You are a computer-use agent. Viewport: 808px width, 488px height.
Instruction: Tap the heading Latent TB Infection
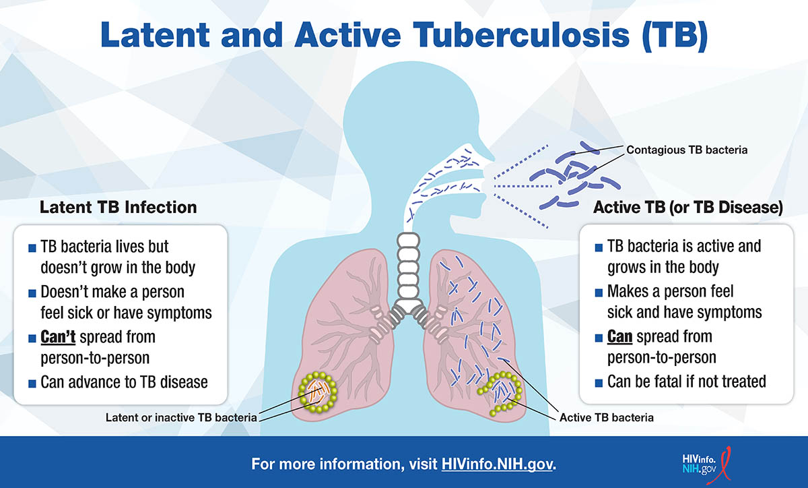[x=119, y=208]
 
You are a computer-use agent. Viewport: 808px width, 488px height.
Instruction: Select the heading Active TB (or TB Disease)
[x=688, y=208]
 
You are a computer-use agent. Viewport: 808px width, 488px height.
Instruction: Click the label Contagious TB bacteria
[x=687, y=150]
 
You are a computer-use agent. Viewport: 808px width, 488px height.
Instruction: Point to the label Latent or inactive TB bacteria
[x=181, y=417]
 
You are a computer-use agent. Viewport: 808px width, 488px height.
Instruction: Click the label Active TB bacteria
[x=607, y=417]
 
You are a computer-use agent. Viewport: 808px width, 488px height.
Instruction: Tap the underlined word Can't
[x=58, y=337]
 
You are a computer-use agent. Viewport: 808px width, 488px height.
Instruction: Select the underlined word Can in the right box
[x=619, y=336]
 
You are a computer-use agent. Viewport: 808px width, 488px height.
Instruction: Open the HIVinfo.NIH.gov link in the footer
[x=497, y=464]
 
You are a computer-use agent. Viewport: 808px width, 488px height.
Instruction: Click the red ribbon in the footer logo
[x=720, y=466]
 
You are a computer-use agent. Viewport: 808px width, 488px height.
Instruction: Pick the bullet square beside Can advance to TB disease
[x=32, y=384]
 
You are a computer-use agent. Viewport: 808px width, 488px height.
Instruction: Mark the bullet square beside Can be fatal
[x=599, y=383]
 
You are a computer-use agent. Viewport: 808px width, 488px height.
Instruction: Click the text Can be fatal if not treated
[x=686, y=382]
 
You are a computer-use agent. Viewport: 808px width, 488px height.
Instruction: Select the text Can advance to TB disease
[x=124, y=382]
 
